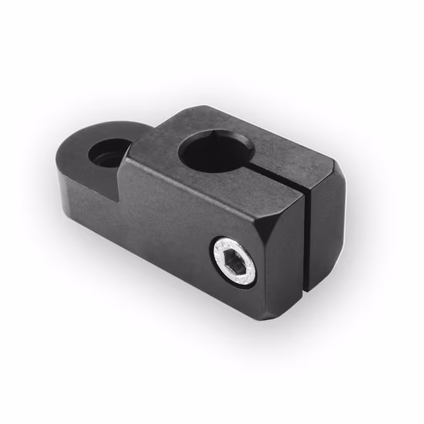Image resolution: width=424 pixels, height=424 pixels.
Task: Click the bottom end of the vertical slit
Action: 305,290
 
